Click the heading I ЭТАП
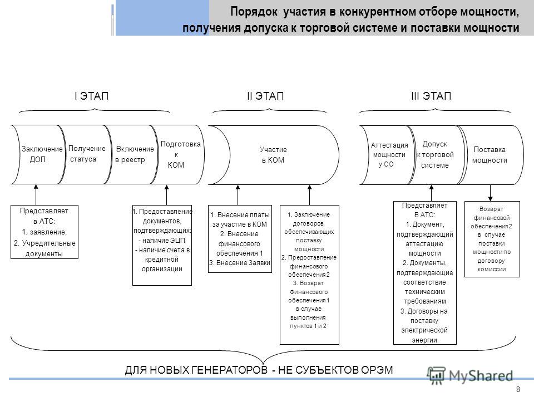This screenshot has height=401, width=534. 91,96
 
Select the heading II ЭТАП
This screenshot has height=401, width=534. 265,96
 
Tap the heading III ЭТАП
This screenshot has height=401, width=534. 431,96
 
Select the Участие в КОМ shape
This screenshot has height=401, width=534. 274,155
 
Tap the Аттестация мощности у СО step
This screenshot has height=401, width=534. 388,155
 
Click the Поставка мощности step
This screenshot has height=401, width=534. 491,155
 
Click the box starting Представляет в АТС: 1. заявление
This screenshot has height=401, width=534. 44,232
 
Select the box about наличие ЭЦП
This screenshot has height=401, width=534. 162,245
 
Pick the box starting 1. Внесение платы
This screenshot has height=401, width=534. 240,239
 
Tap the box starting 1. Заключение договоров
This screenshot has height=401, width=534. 309,275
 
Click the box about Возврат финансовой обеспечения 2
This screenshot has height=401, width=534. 492,239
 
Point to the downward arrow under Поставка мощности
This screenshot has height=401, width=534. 491,193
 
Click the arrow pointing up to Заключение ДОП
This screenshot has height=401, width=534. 36,195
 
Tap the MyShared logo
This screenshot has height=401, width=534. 471,376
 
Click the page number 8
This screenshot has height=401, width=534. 518,389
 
